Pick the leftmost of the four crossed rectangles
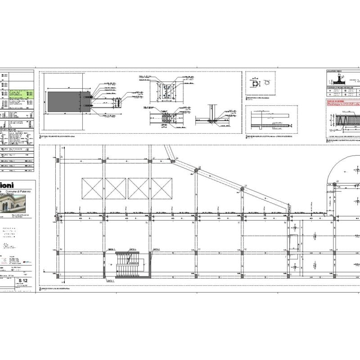[x=92, y=188]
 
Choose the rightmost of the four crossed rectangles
[x=162, y=188]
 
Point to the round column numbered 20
[x=197, y=170]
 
